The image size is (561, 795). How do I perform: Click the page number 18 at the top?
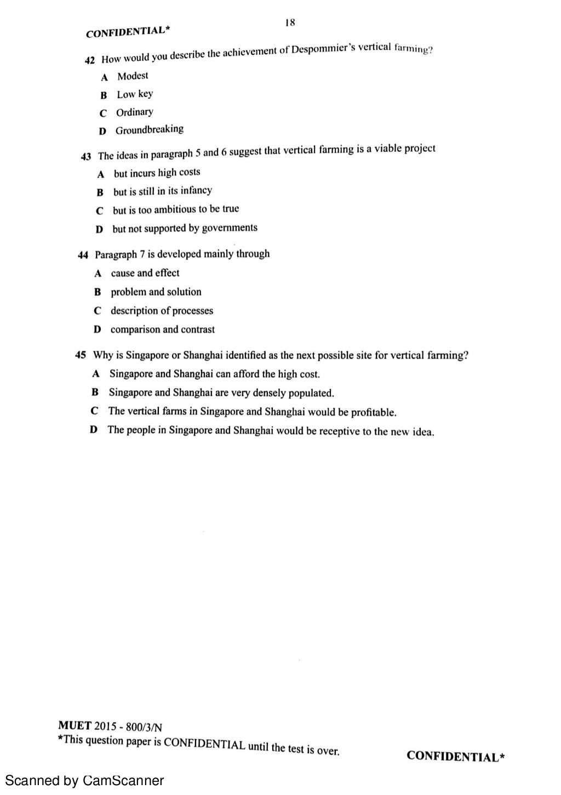pyautogui.click(x=290, y=22)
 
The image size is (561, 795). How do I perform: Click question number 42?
pyautogui.click(x=90, y=60)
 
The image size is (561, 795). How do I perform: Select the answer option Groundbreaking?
pyautogui.click(x=149, y=130)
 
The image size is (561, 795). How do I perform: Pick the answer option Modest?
pyautogui.click(x=133, y=76)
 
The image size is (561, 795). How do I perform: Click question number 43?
pyautogui.click(x=86, y=156)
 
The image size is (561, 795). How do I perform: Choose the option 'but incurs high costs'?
pyautogui.click(x=157, y=173)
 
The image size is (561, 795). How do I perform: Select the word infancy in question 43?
pyautogui.click(x=196, y=191)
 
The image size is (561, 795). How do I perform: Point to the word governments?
pyautogui.click(x=230, y=228)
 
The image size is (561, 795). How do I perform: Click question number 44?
pyautogui.click(x=83, y=255)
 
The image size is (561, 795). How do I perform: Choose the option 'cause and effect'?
pyautogui.click(x=145, y=273)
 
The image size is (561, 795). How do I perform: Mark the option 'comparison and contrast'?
pyautogui.click(x=162, y=330)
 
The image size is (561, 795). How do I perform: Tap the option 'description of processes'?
pyautogui.click(x=162, y=311)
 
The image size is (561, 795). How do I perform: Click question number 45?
pyautogui.click(x=81, y=355)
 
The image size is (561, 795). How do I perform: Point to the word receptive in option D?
pyautogui.click(x=345, y=431)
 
